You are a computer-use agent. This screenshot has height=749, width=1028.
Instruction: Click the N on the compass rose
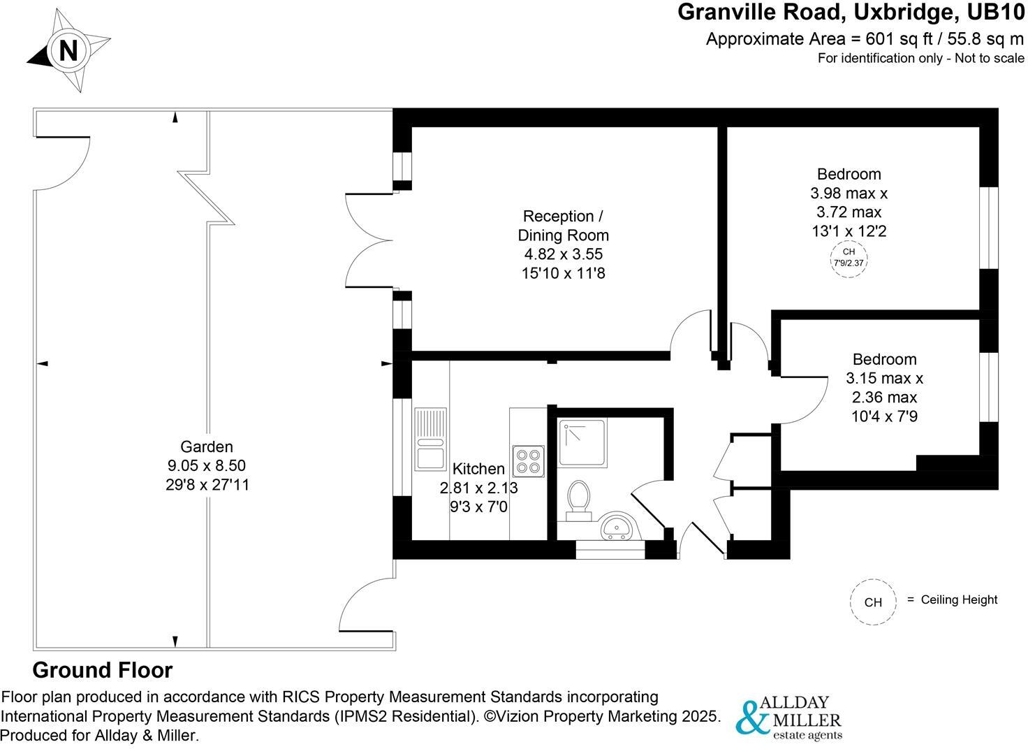(67, 51)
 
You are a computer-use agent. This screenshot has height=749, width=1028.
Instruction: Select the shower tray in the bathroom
(582, 443)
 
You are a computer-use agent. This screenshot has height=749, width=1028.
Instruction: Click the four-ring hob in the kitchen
(526, 460)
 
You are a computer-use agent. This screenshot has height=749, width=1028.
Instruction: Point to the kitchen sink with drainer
(429, 439)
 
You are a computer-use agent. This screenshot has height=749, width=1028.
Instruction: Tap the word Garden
(206, 446)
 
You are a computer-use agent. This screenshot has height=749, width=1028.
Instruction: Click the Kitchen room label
(478, 469)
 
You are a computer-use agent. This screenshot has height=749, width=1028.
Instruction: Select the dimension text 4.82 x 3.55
(563, 254)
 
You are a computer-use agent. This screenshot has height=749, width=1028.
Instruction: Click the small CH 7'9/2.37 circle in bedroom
(848, 258)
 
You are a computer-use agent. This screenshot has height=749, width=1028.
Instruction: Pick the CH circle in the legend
(873, 602)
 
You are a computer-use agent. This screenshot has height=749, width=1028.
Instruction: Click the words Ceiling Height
(959, 599)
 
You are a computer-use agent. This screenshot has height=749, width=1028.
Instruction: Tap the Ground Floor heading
(103, 671)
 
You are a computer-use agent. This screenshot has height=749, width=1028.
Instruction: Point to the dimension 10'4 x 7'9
(884, 416)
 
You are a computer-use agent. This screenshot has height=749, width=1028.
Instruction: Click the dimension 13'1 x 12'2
(849, 231)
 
